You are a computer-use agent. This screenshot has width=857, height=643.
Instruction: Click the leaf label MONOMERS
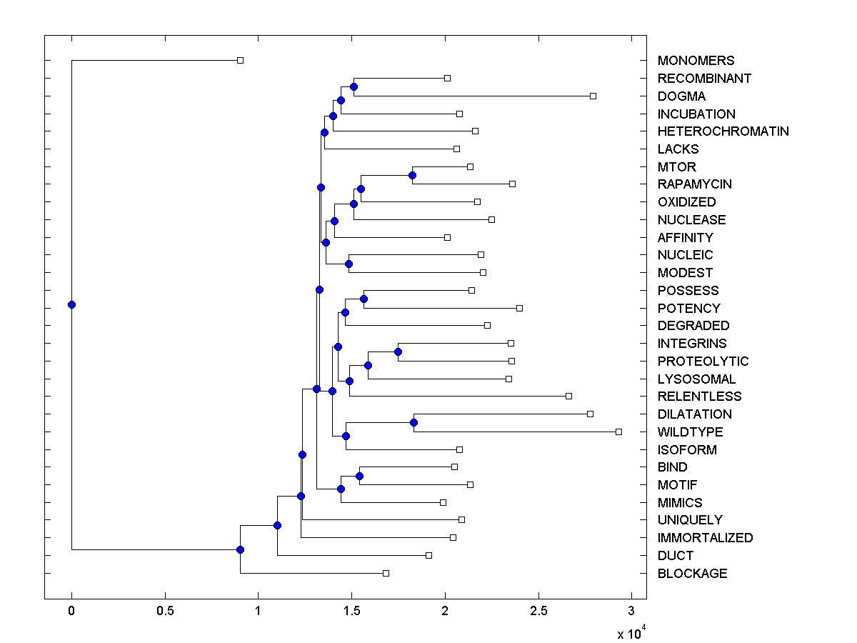coord(686,61)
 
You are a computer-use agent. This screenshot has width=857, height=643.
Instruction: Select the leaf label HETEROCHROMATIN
coord(723,131)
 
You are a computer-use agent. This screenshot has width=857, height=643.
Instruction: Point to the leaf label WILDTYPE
coord(690,432)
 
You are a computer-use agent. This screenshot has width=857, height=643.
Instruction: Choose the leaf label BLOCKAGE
coord(692,574)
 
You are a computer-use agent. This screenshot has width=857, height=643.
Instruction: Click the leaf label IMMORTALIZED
coord(705,538)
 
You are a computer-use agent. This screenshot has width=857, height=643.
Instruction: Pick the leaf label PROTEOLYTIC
coord(703,362)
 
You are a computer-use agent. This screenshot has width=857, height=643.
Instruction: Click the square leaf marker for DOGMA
coord(593,96)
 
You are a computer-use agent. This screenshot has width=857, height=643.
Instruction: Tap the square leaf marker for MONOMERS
coord(240,60)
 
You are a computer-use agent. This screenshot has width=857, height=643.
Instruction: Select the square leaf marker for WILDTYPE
coord(618,432)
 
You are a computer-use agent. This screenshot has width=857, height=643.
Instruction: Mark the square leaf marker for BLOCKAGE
coord(386,573)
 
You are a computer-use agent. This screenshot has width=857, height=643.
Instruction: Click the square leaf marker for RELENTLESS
coord(568,396)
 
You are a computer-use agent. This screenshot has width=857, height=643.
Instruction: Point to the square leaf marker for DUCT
coord(428,555)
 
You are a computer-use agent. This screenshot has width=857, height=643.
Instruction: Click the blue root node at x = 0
coord(71,304)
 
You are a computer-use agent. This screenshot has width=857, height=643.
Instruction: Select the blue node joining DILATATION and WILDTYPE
coord(414,423)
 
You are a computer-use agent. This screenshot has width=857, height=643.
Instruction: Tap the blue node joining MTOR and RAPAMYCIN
coord(412,175)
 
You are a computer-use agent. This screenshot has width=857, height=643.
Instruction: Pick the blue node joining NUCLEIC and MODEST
coord(349,264)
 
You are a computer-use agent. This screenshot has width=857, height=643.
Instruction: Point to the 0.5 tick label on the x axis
coord(165,612)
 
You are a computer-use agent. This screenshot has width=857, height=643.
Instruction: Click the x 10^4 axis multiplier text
coord(631,632)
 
